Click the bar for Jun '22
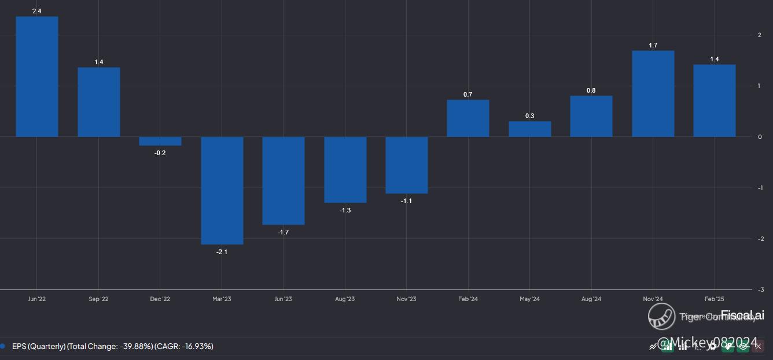(36, 76)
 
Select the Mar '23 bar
(222, 190)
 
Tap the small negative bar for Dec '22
(160, 141)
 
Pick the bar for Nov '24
(653, 94)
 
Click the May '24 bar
(529, 129)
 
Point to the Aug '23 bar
(345, 170)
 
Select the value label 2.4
(36, 11)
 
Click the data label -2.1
(222, 252)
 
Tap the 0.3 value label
(529, 116)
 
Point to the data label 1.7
(653, 45)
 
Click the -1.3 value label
(345, 210)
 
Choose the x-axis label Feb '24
(468, 299)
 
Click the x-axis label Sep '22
(98, 299)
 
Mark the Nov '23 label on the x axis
(406, 299)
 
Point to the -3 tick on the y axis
(760, 289)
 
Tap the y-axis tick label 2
(760, 35)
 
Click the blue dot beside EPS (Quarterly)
(3, 346)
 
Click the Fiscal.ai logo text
(742, 315)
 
